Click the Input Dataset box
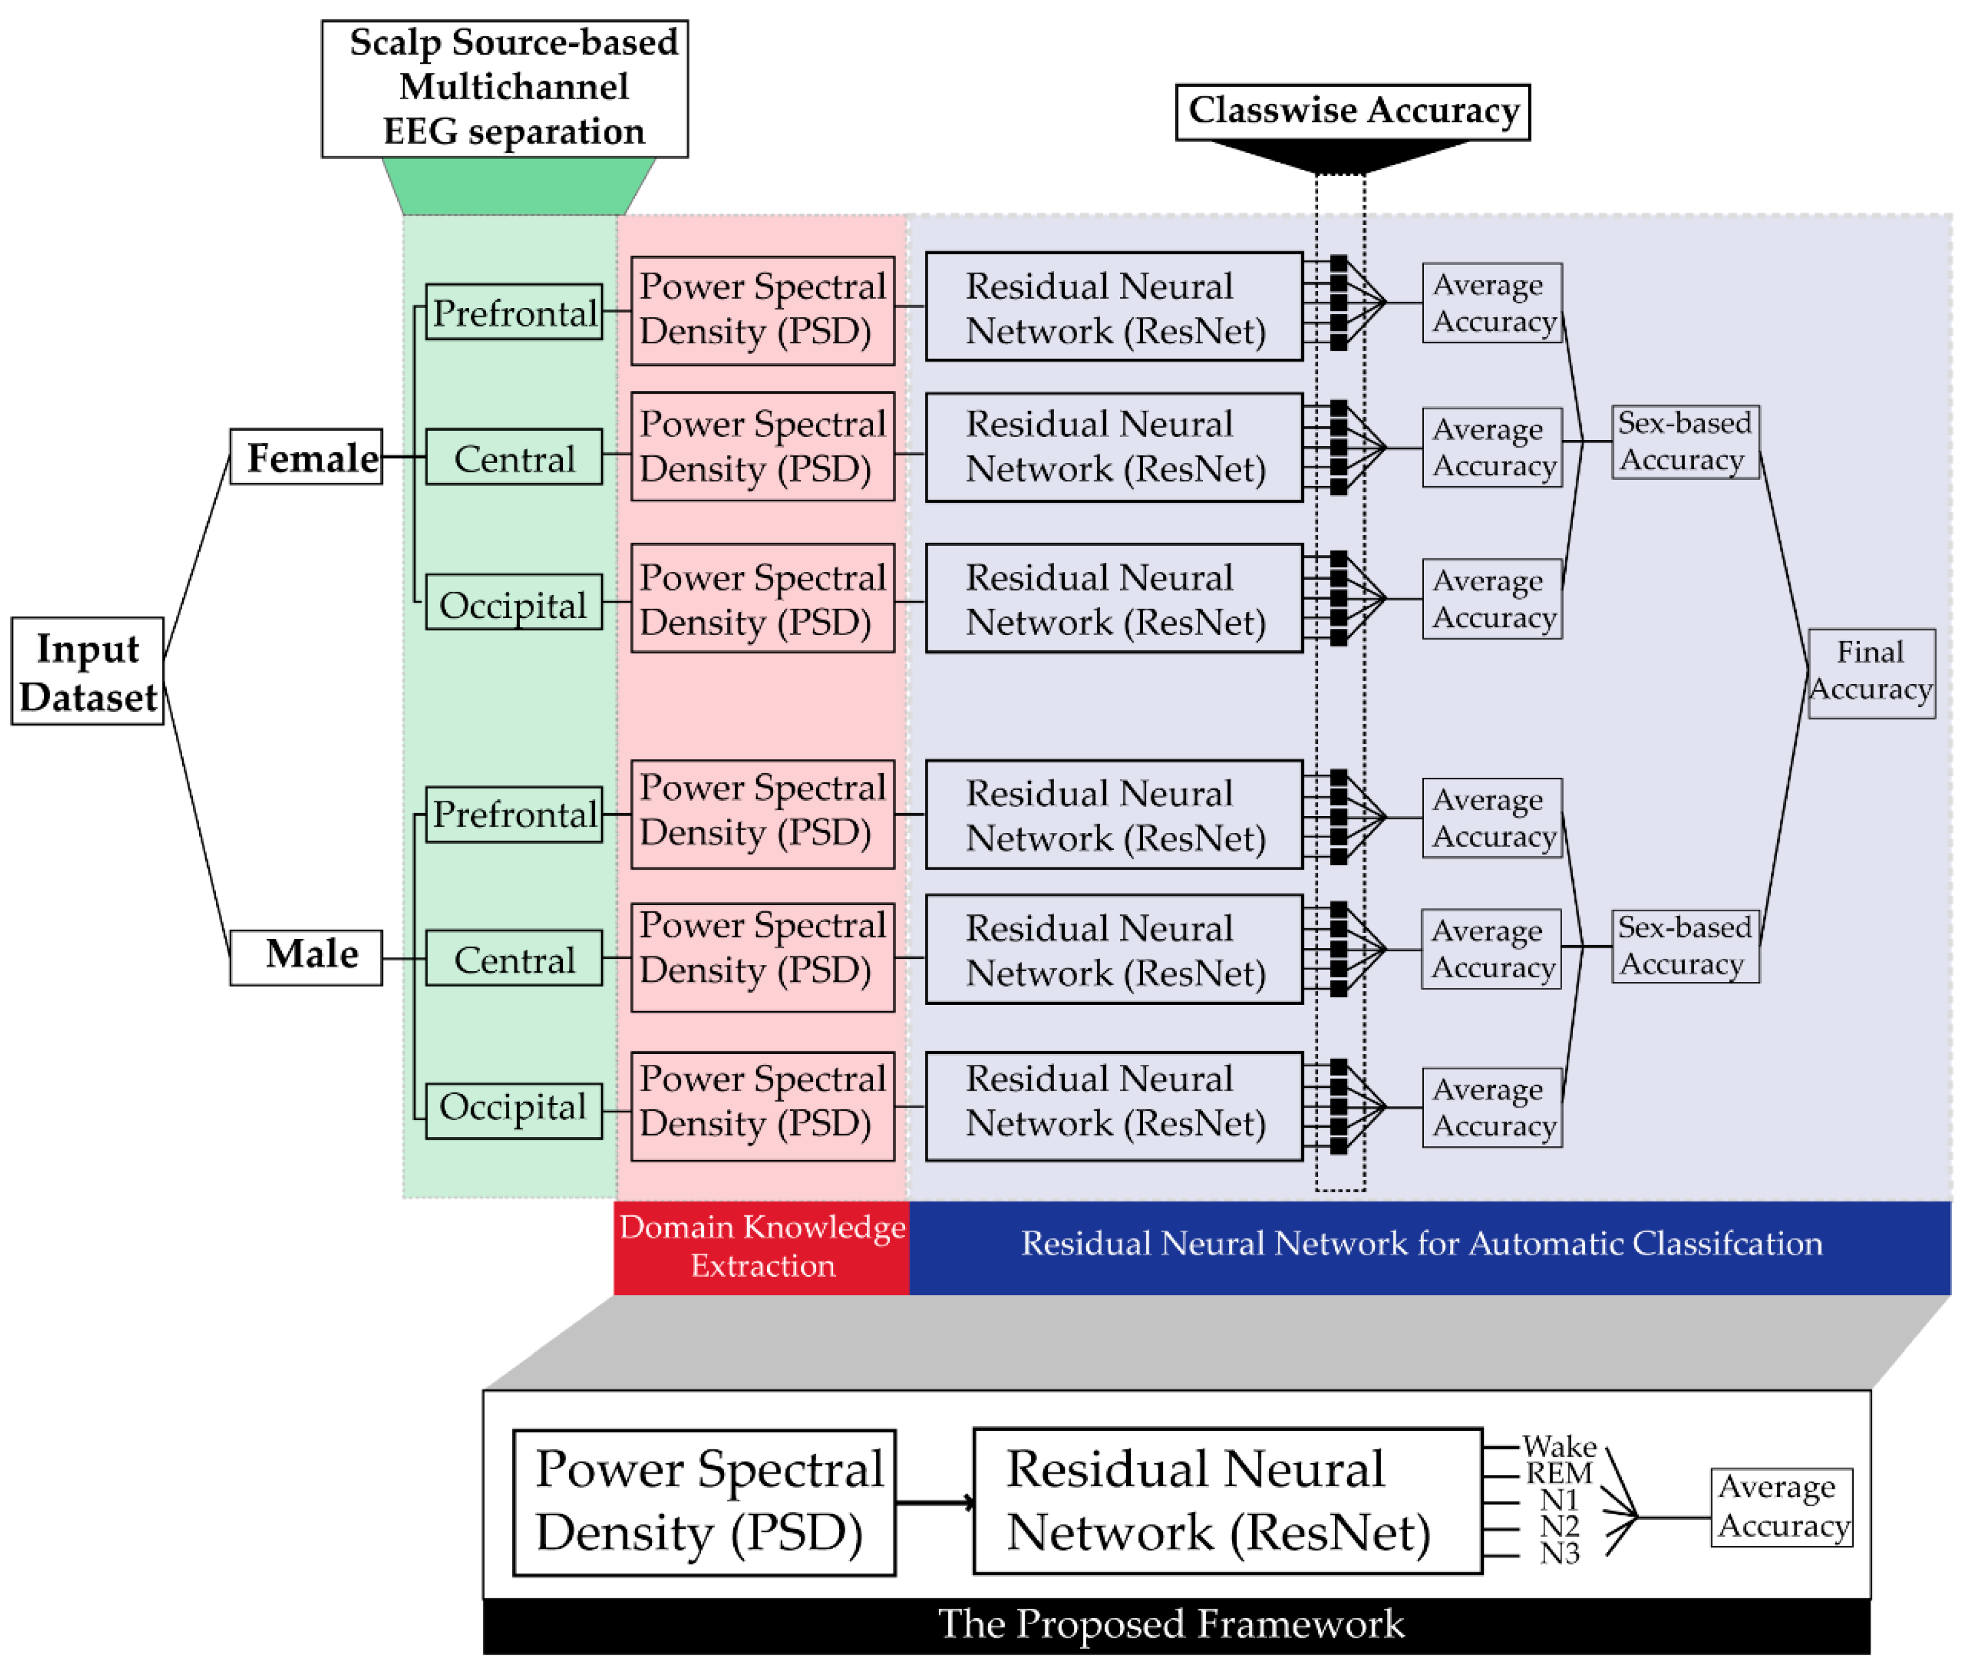point(87,671)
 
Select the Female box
point(306,457)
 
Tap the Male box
point(306,957)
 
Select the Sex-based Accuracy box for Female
point(1685,442)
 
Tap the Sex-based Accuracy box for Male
point(1685,946)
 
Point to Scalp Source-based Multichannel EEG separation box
point(504,89)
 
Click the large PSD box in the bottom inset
point(703,1503)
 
